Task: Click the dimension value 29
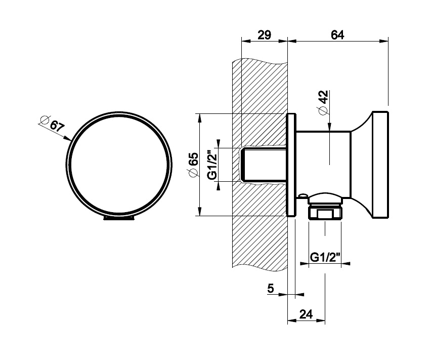click(264, 35)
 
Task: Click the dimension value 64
click(337, 35)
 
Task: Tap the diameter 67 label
click(52, 124)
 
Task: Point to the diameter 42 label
click(323, 103)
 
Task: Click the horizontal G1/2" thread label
click(324, 257)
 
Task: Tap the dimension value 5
click(271, 288)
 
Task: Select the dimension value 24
click(306, 314)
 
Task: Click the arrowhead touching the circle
click(67, 138)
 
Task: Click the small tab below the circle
click(119, 219)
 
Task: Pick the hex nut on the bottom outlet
click(325, 214)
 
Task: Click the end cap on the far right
click(380, 165)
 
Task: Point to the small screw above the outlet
click(303, 195)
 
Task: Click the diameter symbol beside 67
click(44, 119)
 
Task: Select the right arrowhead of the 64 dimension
click(384, 42)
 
